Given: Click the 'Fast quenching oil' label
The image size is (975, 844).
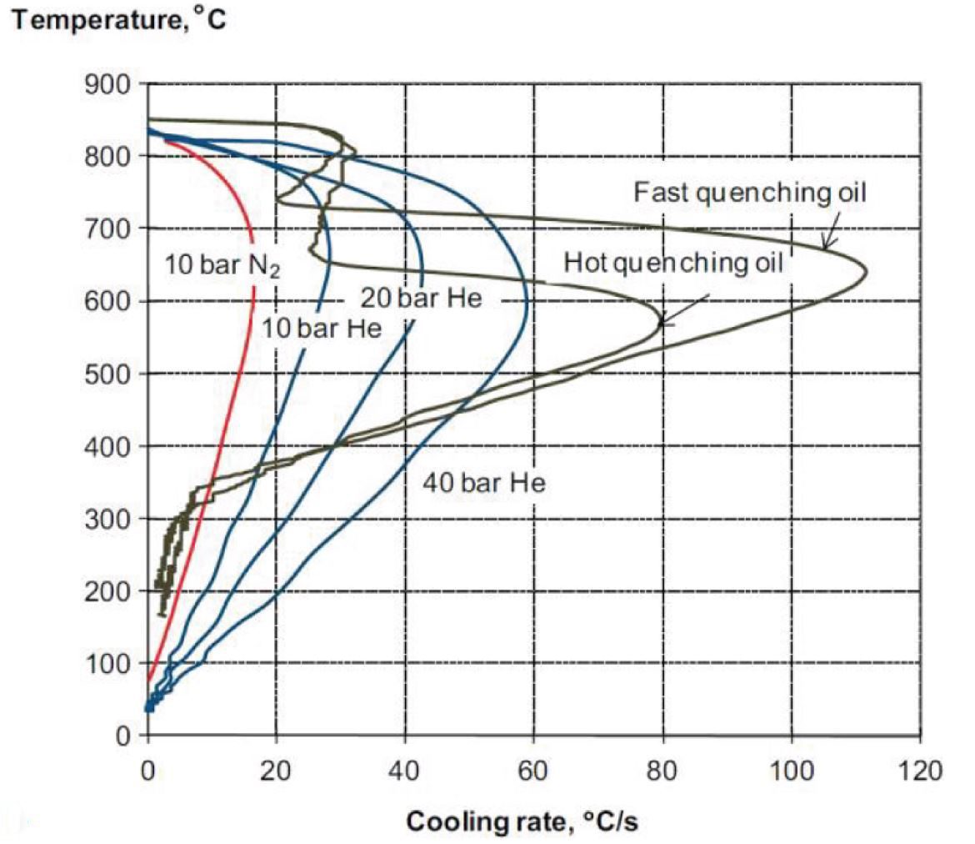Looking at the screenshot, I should pyautogui.click(x=751, y=193).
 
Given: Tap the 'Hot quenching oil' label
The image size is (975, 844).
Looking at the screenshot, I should pyautogui.click(x=673, y=264).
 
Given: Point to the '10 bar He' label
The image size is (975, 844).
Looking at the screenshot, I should pyautogui.click(x=322, y=329).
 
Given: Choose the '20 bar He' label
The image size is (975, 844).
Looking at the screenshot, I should pyautogui.click(x=421, y=298).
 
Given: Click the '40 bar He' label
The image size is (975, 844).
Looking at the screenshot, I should pyautogui.click(x=483, y=482).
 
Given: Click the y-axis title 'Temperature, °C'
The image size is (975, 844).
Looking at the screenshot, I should pyautogui.click(x=117, y=19).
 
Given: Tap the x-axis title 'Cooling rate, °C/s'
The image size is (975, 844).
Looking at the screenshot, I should pyautogui.click(x=522, y=821).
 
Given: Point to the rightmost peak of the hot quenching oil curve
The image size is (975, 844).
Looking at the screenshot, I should pyautogui.click(x=662, y=323).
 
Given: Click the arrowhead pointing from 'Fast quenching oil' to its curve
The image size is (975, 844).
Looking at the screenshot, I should pyautogui.click(x=825, y=248).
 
